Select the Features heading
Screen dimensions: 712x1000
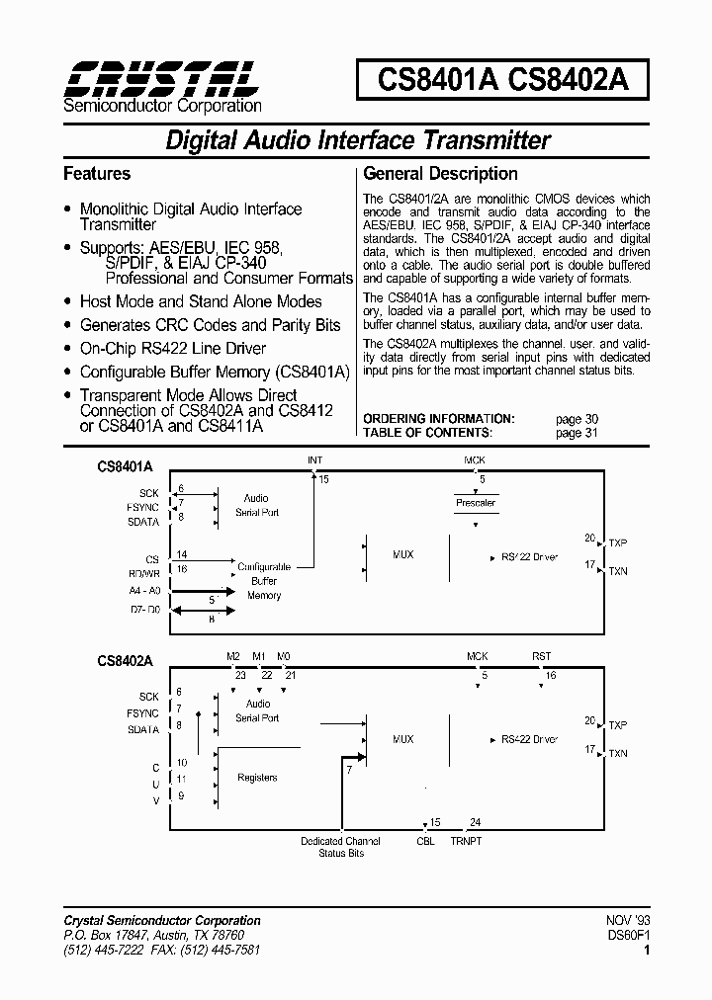tap(97, 174)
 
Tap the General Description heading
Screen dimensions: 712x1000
tap(441, 174)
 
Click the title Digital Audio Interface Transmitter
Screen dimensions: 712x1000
tap(357, 140)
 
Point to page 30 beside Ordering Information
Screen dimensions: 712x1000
tap(577, 419)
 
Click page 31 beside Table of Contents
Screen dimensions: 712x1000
tap(577, 433)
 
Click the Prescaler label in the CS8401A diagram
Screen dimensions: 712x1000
tap(476, 503)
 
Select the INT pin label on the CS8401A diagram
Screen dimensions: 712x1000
tap(314, 460)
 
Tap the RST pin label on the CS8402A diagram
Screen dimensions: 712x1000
tap(541, 656)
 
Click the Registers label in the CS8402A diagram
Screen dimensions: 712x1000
tap(257, 778)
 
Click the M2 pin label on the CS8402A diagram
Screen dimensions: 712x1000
tap(232, 656)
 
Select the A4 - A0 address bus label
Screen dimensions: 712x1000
tap(144, 590)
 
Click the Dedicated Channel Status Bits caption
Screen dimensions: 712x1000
tap(340, 847)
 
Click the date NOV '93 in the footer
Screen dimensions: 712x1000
tap(629, 920)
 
